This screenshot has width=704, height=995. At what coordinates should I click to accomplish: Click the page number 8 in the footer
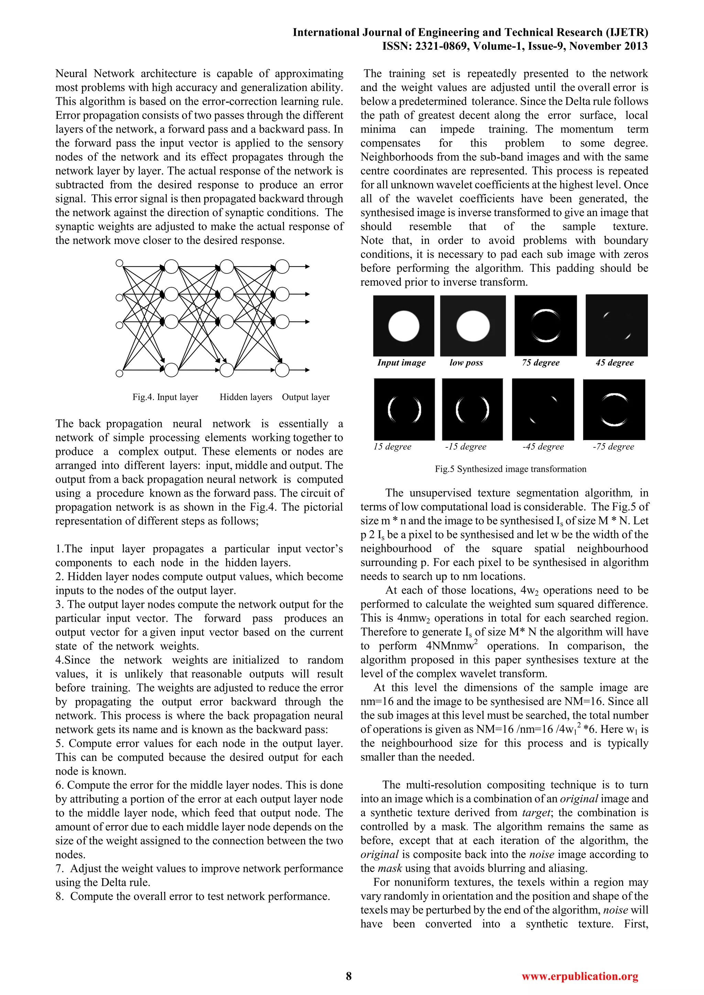pyautogui.click(x=349, y=976)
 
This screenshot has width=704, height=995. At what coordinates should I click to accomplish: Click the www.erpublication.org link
pyautogui.click(x=580, y=976)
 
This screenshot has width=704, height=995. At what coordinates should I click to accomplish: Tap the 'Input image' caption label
pyautogui.click(x=401, y=363)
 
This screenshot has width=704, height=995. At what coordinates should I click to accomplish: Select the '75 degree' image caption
pyautogui.click(x=541, y=363)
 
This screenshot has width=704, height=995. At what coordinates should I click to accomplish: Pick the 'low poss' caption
pyautogui.click(x=466, y=363)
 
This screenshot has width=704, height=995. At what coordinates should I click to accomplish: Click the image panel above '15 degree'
pyautogui.click(x=404, y=409)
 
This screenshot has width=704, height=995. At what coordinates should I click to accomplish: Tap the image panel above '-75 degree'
pyautogui.click(x=614, y=410)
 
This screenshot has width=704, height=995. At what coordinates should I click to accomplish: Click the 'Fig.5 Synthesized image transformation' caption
pyautogui.click(x=510, y=469)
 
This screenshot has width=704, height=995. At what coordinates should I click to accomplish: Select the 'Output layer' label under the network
pyautogui.click(x=306, y=397)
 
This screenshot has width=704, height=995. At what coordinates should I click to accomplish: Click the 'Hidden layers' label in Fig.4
pyautogui.click(x=246, y=397)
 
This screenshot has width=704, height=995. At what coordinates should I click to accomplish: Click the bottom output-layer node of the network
pyautogui.click(x=282, y=370)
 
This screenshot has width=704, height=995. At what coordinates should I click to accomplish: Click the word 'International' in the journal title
pyautogui.click(x=326, y=33)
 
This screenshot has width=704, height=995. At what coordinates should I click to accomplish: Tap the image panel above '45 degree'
pyautogui.click(x=616, y=325)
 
